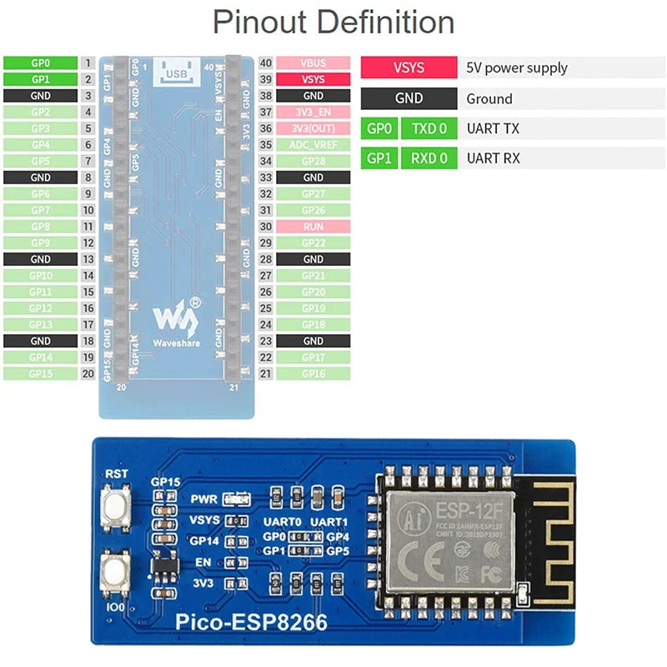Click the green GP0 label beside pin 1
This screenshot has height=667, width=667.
tap(41, 63)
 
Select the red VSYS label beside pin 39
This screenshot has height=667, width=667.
tap(313, 79)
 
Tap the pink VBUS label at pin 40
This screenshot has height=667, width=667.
tap(313, 63)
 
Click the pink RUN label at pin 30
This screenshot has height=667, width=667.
tap(313, 226)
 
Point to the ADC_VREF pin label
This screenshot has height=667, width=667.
tap(313, 144)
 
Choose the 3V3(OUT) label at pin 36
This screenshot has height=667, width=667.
tap(313, 128)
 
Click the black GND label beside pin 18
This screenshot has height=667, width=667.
tap(41, 341)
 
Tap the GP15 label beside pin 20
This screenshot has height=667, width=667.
tap(41, 374)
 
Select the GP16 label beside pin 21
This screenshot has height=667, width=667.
tap(313, 374)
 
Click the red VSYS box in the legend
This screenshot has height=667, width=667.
tap(409, 68)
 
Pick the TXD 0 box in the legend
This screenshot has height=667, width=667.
tap(430, 128)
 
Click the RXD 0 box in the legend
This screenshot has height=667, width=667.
tap(430, 158)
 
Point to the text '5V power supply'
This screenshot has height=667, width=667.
tap(517, 68)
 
